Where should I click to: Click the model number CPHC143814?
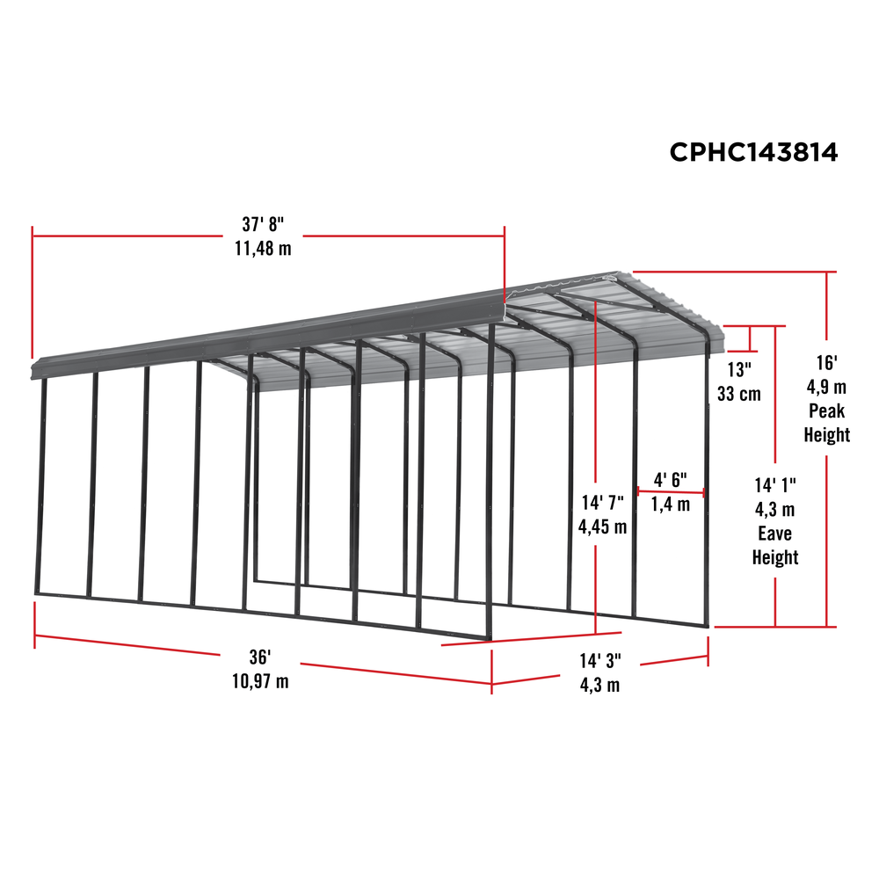[753, 152]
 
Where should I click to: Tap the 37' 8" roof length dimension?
[262, 225]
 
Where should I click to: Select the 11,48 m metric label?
[262, 249]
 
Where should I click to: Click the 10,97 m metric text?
[260, 681]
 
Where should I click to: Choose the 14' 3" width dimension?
[601, 661]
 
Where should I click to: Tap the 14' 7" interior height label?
[601, 503]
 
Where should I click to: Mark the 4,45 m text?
[602, 527]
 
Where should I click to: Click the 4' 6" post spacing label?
[670, 480]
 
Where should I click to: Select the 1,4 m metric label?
[671, 505]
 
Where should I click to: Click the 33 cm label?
[739, 393]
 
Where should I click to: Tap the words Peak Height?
[827, 423]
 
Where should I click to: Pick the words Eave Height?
[774, 545]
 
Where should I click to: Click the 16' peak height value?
[827, 362]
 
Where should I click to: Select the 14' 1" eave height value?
[774, 484]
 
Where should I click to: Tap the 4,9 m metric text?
[827, 387]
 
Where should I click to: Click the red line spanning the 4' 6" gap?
[671, 492]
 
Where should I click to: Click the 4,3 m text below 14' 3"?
[601, 685]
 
